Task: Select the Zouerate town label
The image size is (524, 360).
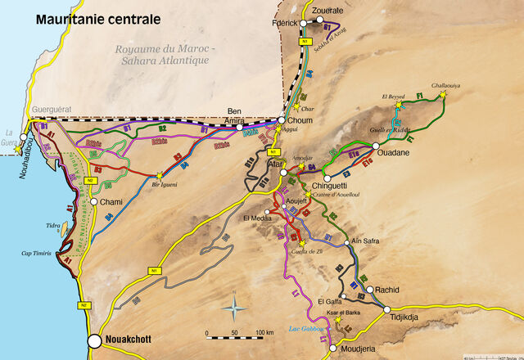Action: tap(327, 11)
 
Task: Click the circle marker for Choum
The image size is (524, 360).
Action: tap(281, 121)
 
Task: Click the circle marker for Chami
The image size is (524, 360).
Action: tap(94, 201)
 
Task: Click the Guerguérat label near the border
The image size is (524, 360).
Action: tap(47, 109)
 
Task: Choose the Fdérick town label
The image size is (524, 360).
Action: tap(285, 23)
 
